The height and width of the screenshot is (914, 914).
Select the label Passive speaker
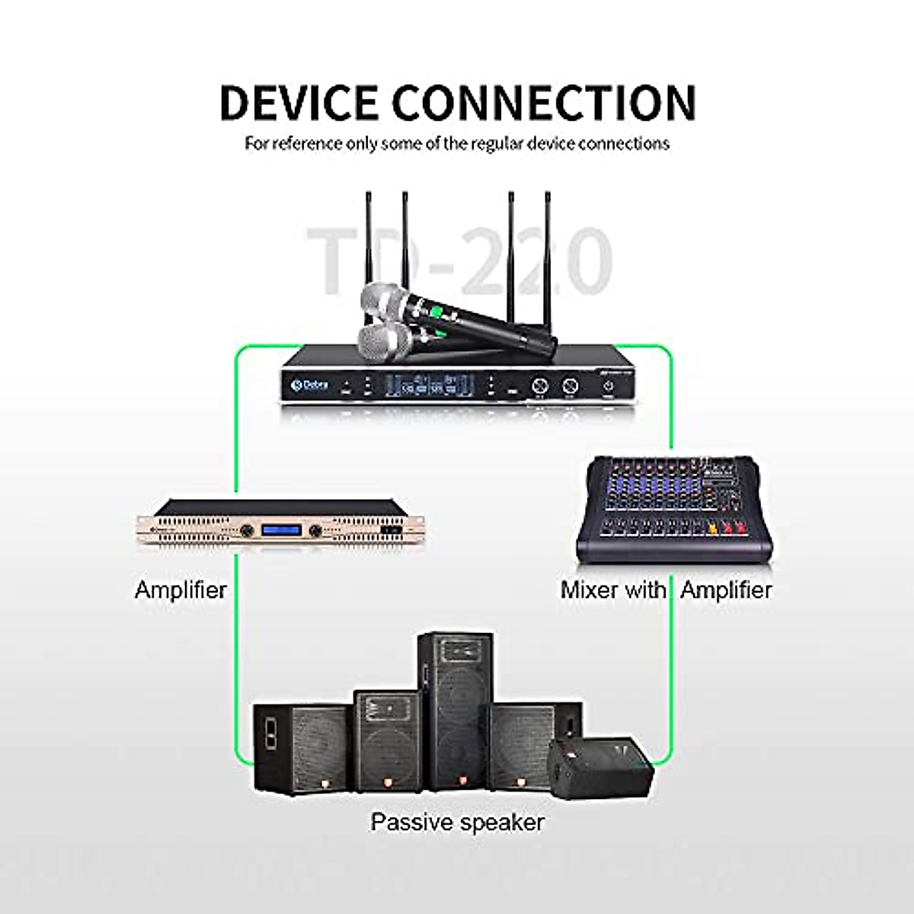457,823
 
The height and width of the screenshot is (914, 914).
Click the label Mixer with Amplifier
666,590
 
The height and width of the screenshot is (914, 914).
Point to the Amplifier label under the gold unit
181,590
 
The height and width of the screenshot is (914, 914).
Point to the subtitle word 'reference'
308,143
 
